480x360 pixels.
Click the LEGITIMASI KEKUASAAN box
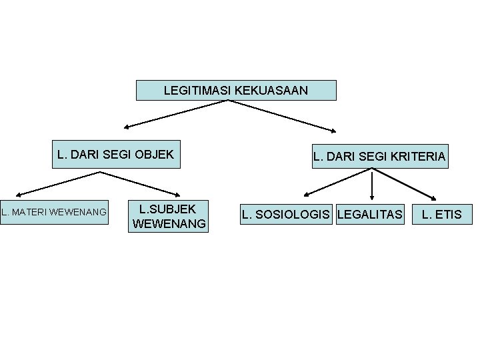(x=236, y=90)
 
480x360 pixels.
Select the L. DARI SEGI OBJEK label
(x=115, y=155)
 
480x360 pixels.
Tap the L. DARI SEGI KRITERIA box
(x=379, y=157)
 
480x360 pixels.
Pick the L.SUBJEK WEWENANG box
(x=169, y=216)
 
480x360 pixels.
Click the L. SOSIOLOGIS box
(x=287, y=214)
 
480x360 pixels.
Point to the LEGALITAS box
(x=370, y=214)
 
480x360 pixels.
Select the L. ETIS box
(x=442, y=214)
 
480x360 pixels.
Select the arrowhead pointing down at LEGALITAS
(x=372, y=199)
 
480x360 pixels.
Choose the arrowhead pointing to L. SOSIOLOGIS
(x=305, y=195)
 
